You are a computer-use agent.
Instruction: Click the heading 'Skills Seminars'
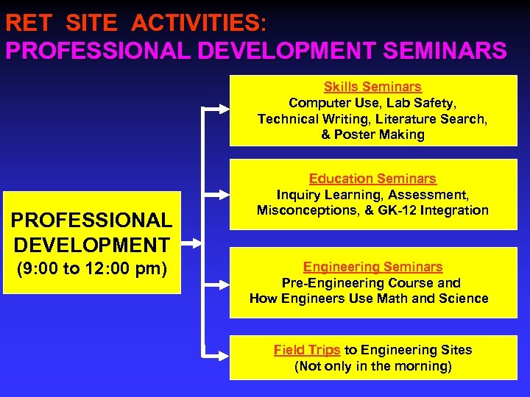pyautogui.click(x=372, y=87)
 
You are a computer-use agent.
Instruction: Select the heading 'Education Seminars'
pyautogui.click(x=372, y=179)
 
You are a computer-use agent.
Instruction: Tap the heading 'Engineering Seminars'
pyautogui.click(x=372, y=267)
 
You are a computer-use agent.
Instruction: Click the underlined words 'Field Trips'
pyautogui.click(x=307, y=350)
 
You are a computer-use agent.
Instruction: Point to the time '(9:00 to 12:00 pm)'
pyautogui.click(x=92, y=269)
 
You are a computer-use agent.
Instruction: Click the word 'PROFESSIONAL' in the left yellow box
pyautogui.click(x=92, y=220)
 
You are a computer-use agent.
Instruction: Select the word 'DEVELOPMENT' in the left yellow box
pyautogui.click(x=92, y=244)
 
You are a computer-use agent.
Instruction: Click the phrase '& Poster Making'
pyautogui.click(x=372, y=135)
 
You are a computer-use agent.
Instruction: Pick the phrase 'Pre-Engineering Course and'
pyautogui.click(x=371, y=283)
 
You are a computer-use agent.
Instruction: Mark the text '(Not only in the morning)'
pyautogui.click(x=372, y=366)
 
